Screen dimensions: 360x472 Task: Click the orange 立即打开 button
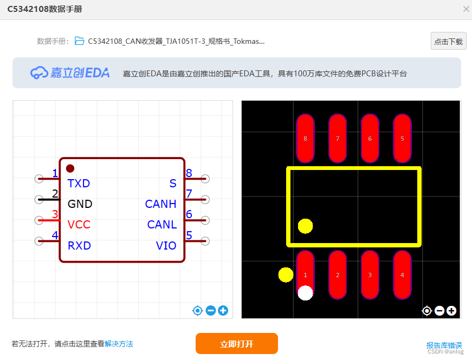click(236, 344)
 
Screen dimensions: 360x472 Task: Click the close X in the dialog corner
click(466, 9)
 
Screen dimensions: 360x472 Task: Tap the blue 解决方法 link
click(119, 344)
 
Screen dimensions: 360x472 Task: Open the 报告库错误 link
click(444, 345)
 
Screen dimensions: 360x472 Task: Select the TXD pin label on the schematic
click(79, 184)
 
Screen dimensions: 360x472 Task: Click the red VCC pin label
click(79, 225)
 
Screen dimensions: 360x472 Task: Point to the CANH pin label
click(160, 204)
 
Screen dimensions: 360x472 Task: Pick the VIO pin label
click(166, 246)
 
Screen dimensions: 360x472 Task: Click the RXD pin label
click(79, 246)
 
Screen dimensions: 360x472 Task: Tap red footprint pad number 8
click(305, 139)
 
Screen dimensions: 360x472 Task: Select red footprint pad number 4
click(402, 275)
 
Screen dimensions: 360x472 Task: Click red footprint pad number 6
click(370, 139)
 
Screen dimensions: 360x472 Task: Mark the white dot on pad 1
click(306, 293)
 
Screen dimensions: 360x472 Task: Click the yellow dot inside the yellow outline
click(306, 226)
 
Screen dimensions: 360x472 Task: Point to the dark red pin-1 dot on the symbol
click(70, 168)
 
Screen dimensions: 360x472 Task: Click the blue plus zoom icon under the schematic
click(223, 311)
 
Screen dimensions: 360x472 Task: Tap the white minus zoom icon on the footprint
click(439, 311)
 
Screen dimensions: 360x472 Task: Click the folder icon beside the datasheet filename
click(80, 41)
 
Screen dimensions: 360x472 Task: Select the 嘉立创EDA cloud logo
click(39, 73)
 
